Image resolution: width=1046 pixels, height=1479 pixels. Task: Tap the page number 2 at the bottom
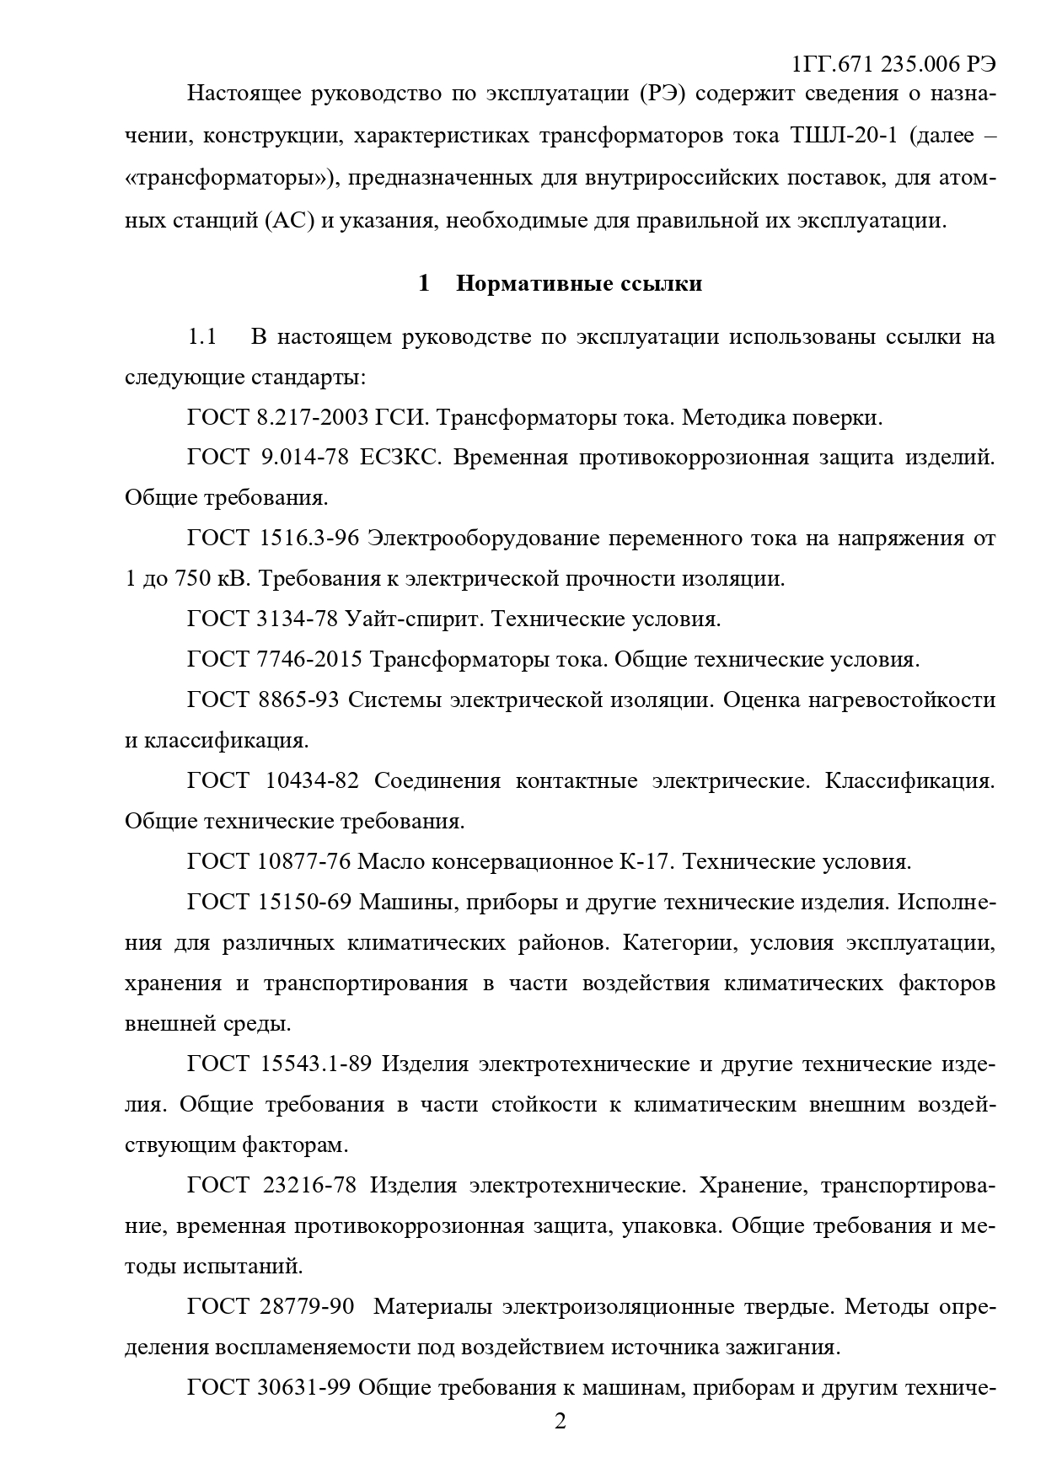pyautogui.click(x=560, y=1422)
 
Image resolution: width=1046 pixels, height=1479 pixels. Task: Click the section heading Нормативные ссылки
pyautogui.click(x=578, y=283)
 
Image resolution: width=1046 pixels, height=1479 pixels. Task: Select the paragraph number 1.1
pyautogui.click(x=202, y=337)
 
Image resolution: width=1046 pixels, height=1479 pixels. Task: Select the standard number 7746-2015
pyautogui.click(x=309, y=659)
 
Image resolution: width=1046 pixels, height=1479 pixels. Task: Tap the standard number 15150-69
pyautogui.click(x=303, y=902)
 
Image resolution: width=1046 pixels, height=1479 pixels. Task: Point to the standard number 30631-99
pyautogui.click(x=304, y=1387)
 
